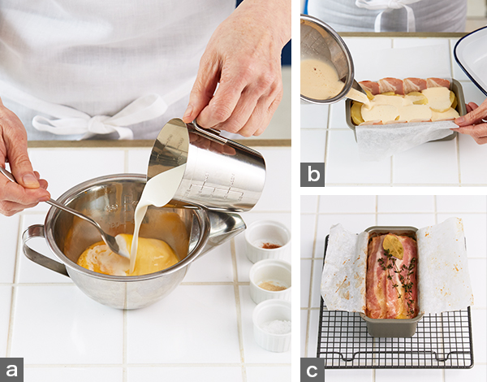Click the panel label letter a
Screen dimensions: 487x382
click(11, 370)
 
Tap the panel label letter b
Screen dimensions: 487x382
click(312, 174)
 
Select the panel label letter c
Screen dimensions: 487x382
click(312, 370)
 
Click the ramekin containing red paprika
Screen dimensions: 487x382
click(268, 241)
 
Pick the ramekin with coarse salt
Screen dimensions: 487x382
click(273, 325)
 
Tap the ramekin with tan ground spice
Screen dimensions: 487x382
click(270, 281)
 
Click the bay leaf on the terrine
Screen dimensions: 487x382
click(393, 246)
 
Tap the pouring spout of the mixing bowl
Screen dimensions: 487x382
click(230, 224)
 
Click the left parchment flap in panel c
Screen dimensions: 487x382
click(344, 267)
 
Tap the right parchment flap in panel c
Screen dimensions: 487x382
click(443, 266)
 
